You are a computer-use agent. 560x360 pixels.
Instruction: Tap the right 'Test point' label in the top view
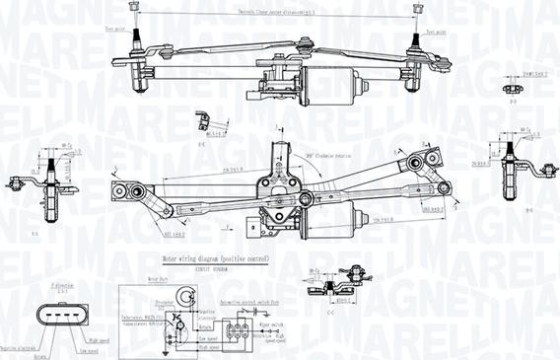coord(435,32)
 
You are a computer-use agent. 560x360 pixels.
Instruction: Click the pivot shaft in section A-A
coord(46,182)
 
